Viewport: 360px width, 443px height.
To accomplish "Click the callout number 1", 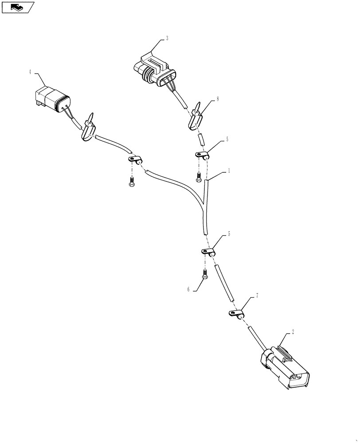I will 228,170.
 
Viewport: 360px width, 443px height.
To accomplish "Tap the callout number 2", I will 293,331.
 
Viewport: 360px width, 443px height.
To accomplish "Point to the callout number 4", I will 30,72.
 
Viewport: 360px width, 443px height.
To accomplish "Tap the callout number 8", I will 217,100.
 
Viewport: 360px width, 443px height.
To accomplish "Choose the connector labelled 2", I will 283,367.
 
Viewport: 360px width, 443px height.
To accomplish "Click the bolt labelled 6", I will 205,274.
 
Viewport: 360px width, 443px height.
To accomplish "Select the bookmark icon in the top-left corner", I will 18,7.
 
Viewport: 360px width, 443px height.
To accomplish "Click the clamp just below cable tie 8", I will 202,155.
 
